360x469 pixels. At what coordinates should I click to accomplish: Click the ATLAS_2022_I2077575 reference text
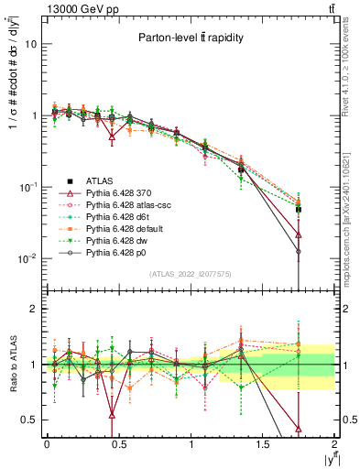click(x=190, y=273)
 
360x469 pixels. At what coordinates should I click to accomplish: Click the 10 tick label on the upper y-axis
click(x=30, y=44)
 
